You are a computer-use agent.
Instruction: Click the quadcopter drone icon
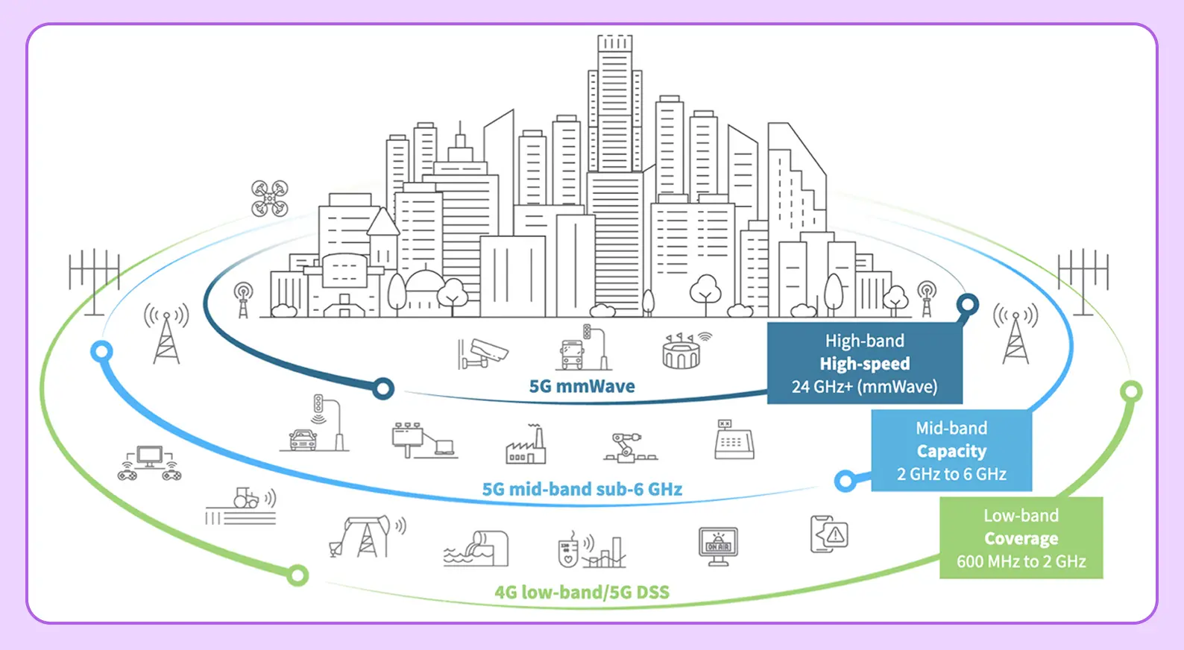tap(269, 198)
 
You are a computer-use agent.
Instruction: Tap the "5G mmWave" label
tap(582, 386)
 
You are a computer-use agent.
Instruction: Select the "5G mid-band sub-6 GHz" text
tap(582, 489)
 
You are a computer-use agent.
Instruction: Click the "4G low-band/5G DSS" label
tap(582, 592)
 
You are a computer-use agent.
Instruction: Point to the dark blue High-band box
tap(864, 363)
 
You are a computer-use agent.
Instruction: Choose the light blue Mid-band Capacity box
tap(951, 450)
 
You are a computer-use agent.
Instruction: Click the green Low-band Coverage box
tap(1021, 537)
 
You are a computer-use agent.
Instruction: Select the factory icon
tap(526, 445)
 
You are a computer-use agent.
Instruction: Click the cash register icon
tap(734, 440)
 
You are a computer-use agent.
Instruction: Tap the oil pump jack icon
tap(363, 537)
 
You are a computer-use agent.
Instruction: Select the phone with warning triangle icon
tap(829, 534)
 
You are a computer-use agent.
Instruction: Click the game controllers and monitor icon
tap(150, 463)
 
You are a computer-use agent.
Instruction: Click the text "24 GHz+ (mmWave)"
tap(864, 387)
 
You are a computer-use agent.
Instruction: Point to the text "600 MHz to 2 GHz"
tap(1021, 561)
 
